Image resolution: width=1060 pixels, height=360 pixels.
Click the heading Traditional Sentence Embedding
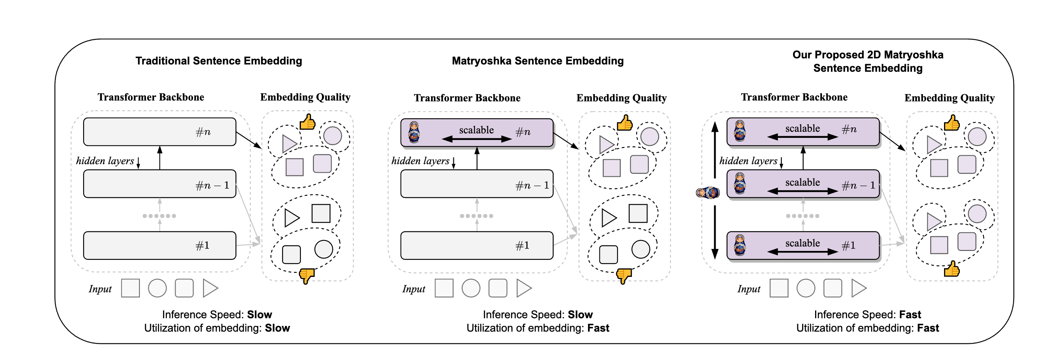[x=219, y=61]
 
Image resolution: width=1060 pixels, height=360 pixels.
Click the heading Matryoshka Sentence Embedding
[x=537, y=61]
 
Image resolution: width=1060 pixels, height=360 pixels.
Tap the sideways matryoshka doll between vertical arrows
[x=707, y=192]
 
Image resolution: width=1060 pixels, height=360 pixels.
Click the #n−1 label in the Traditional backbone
[x=212, y=186]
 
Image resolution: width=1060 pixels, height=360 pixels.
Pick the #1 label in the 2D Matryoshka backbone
[x=848, y=246]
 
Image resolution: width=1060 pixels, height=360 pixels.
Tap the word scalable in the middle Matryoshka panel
[x=476, y=130]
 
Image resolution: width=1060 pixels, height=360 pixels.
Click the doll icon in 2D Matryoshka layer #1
[x=740, y=245]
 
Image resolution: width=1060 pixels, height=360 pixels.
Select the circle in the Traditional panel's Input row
[x=157, y=288]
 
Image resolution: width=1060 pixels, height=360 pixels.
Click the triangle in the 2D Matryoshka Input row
[x=858, y=288]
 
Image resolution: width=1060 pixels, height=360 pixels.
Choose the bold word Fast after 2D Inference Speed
[x=910, y=315]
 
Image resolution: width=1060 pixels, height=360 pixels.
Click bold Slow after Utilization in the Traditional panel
[x=277, y=328]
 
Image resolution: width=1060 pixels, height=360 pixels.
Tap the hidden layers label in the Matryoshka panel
[x=420, y=161]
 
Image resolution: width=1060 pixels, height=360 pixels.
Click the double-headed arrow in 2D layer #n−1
[x=803, y=191]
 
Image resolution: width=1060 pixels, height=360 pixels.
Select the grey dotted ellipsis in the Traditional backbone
[x=159, y=216]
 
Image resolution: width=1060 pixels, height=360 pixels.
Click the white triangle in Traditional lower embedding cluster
[x=291, y=218]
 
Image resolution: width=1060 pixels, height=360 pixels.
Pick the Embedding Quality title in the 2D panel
[x=949, y=98]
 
